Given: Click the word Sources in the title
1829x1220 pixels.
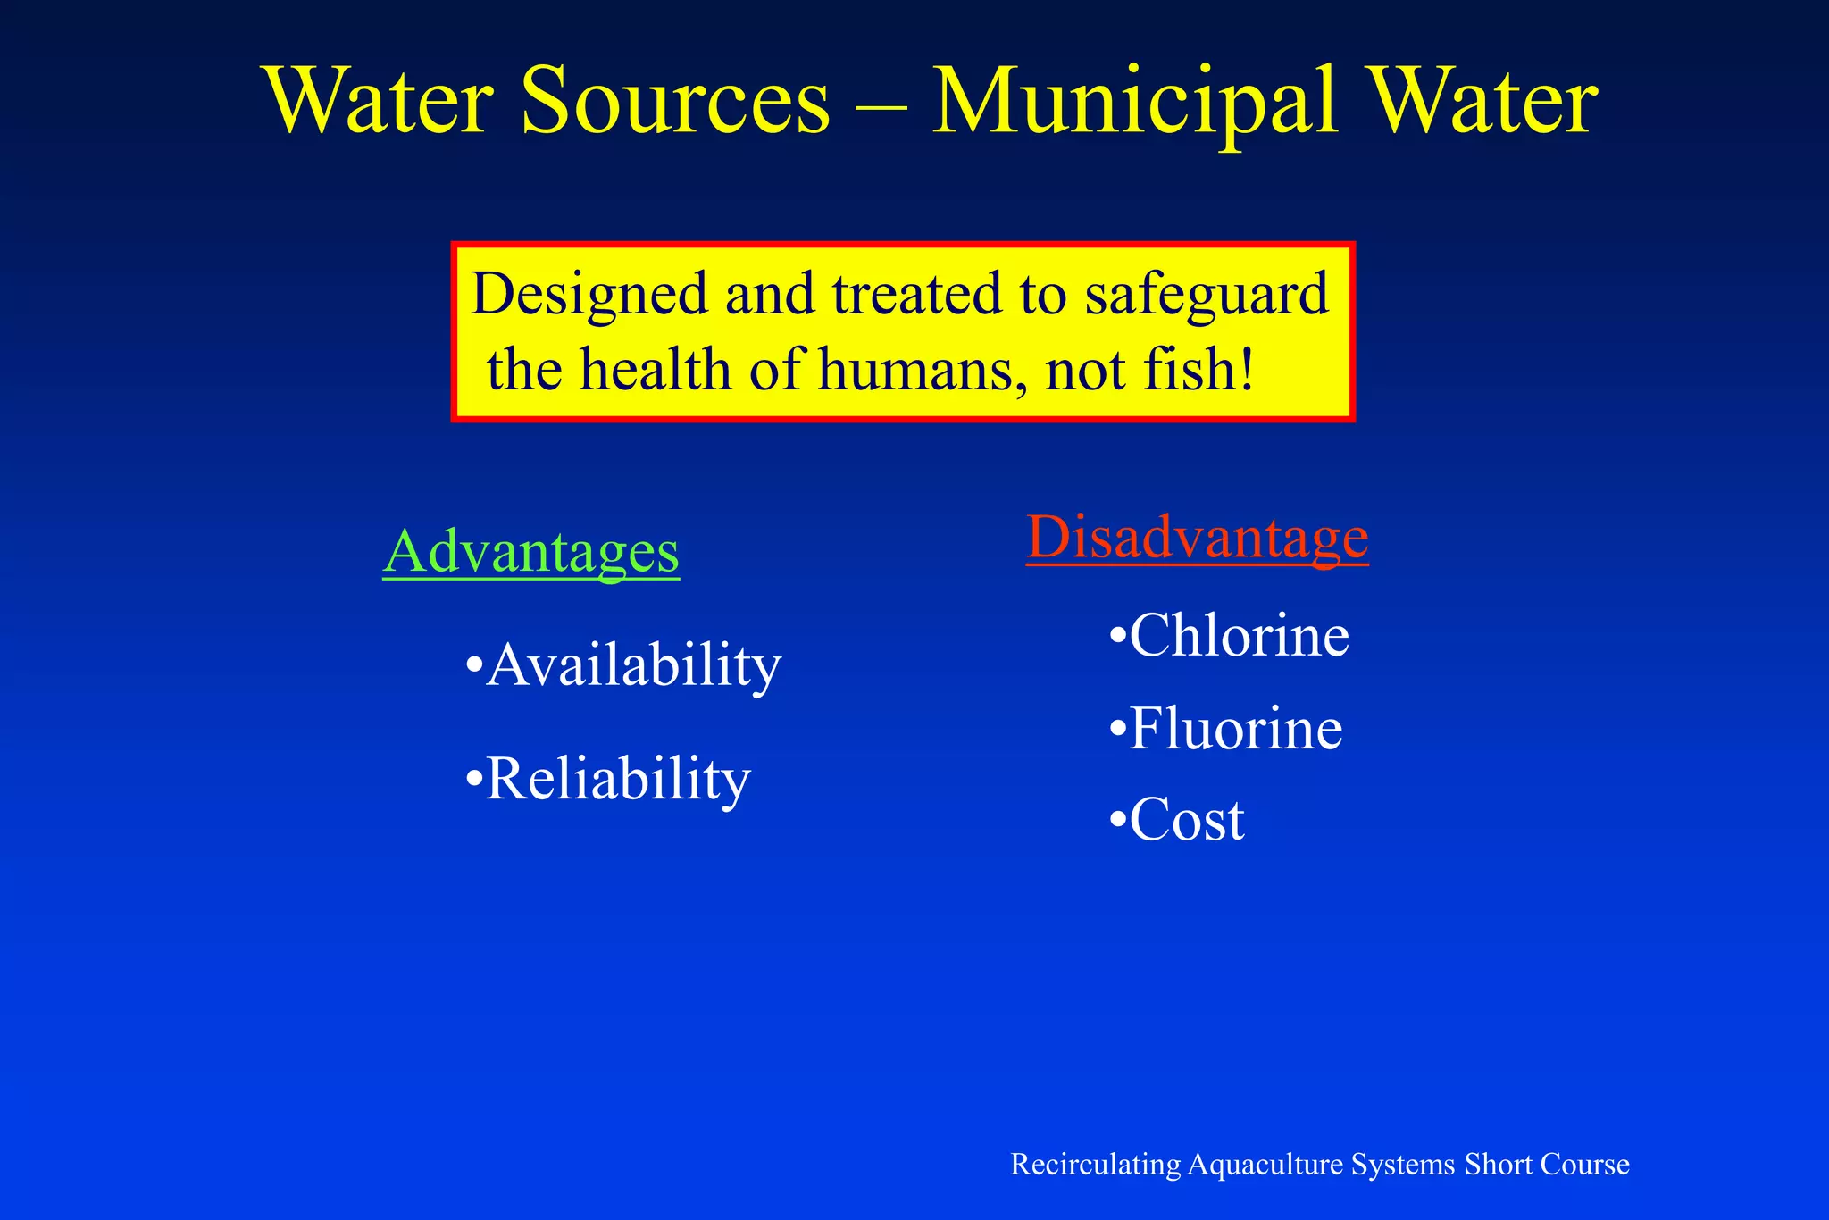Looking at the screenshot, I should pyautogui.click(x=675, y=102).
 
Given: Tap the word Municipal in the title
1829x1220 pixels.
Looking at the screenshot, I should pyautogui.click(x=1134, y=104).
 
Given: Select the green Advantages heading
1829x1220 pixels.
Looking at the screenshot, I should pyautogui.click(x=531, y=553).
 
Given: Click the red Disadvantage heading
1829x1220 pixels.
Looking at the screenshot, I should pyautogui.click(x=1197, y=538).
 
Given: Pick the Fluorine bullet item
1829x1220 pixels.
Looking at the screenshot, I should pyautogui.click(x=1225, y=729).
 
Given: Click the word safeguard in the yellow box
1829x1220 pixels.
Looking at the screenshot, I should pyautogui.click(x=1207, y=296).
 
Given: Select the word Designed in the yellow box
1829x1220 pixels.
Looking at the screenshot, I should pyautogui.click(x=589, y=296).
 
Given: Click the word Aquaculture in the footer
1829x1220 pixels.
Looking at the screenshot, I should pyautogui.click(x=1265, y=1165).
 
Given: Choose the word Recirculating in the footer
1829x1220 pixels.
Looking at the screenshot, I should pyautogui.click(x=1096, y=1165).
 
